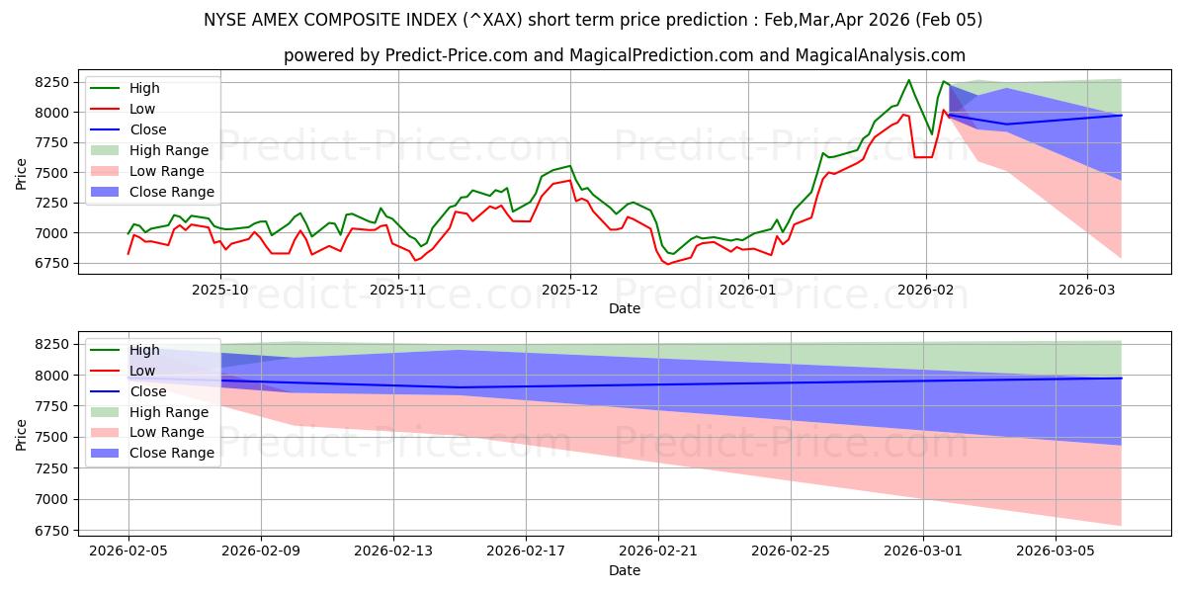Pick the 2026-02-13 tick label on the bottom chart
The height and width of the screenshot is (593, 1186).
coord(393,551)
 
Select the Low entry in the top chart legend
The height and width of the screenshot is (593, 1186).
coord(142,109)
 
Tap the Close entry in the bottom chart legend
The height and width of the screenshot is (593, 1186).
coord(148,391)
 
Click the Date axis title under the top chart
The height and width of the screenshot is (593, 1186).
coord(625,308)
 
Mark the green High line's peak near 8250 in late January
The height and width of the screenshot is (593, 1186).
coord(909,80)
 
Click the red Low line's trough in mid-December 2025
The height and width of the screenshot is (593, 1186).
coord(667,264)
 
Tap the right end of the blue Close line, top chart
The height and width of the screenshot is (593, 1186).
coord(1121,116)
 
